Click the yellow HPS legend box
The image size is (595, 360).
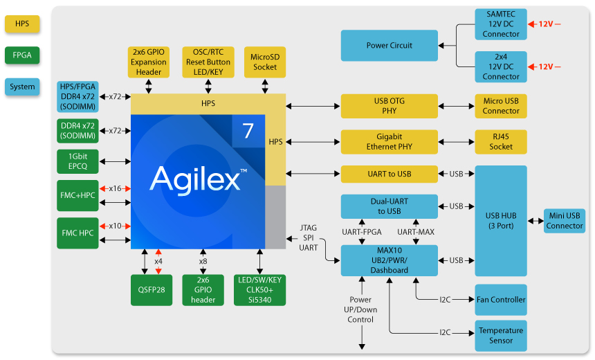[22, 24]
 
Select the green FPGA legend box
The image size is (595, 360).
[22, 55]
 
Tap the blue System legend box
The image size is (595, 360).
[22, 87]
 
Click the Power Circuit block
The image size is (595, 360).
[389, 46]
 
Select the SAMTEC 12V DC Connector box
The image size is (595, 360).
[501, 24]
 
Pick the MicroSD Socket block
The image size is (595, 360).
[265, 62]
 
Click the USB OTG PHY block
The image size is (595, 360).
[389, 106]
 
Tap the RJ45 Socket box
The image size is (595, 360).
[501, 142]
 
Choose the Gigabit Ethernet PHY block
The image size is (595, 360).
[389, 142]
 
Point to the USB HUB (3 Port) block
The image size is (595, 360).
[501, 220]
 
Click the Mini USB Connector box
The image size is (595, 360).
[565, 221]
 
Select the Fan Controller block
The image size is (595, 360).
[501, 300]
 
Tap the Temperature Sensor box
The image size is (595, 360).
[501, 336]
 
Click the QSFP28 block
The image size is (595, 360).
[152, 290]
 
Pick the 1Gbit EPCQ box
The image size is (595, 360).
[78, 161]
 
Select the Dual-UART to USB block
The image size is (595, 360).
[389, 206]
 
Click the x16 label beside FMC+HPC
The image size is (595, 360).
[115, 188]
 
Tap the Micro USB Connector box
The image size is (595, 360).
[501, 106]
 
